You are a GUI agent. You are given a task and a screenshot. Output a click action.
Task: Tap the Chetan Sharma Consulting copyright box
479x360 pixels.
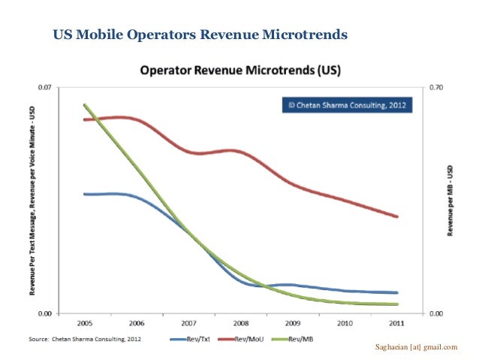pos(347,105)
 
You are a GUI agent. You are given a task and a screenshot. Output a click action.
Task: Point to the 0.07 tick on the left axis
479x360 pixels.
pos(45,87)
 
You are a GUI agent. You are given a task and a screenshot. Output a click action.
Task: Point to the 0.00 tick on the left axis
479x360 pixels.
pos(45,313)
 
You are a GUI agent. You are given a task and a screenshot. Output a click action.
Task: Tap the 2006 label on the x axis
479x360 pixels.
pos(136,324)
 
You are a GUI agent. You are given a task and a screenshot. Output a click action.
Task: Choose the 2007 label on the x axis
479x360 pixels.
pos(188,324)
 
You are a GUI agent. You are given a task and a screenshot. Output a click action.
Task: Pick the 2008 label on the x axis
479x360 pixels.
pos(240,324)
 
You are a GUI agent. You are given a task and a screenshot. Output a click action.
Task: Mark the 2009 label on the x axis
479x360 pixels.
pos(292,324)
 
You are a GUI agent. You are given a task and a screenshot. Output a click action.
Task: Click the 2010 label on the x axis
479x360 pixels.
pos(345,324)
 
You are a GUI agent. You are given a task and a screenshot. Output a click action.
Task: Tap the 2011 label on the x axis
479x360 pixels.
pos(396,324)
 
